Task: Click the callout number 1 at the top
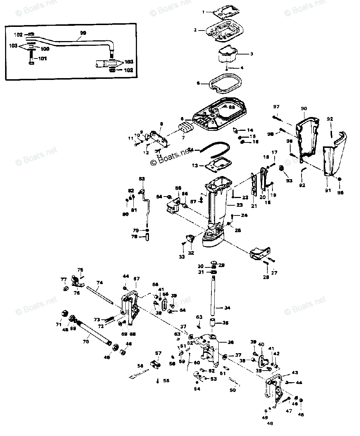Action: pyautogui.click(x=203, y=12)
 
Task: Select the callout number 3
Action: pyautogui.click(x=251, y=53)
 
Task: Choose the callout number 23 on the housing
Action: pyautogui.click(x=239, y=205)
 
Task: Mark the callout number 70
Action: pyautogui.click(x=86, y=341)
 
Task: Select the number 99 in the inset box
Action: pyautogui.click(x=83, y=33)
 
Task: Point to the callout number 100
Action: pyautogui.click(x=45, y=49)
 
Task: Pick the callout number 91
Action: pyautogui.click(x=328, y=190)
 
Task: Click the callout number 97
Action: pyautogui.click(x=276, y=106)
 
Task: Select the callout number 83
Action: pyautogui.click(x=141, y=179)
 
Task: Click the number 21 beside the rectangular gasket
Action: pyautogui.click(x=254, y=206)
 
